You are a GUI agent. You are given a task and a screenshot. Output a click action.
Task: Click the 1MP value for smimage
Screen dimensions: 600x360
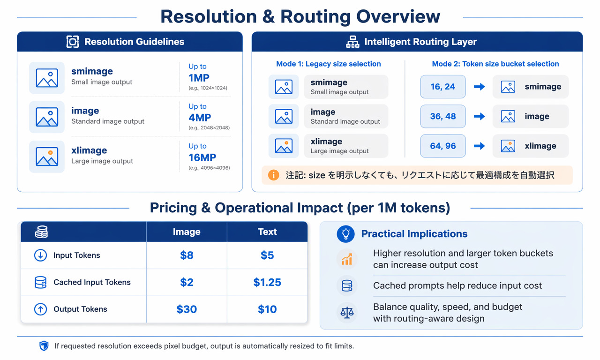pos(199,78)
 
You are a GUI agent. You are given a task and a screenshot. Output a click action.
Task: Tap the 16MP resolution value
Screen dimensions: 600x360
pos(202,157)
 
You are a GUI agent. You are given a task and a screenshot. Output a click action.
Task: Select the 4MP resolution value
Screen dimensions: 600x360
pos(200,118)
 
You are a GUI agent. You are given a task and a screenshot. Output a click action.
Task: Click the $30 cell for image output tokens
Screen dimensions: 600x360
pos(187,309)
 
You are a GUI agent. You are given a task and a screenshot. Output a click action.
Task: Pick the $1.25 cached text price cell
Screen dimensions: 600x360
pos(267,282)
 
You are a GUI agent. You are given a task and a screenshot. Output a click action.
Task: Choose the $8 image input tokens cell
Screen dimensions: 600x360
pos(187,255)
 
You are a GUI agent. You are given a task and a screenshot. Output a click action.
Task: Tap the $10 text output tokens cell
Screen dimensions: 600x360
pos(267,309)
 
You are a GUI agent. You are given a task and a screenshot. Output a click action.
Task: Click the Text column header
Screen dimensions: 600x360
pos(267,232)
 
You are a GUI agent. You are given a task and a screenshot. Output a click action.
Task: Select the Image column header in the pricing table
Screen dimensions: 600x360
pos(187,232)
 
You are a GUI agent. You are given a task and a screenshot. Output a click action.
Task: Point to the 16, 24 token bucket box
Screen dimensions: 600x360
pos(443,87)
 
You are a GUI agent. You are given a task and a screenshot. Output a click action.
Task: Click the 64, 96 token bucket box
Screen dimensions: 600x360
pos(443,146)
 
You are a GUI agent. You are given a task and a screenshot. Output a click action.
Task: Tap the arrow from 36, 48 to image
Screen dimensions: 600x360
pos(479,116)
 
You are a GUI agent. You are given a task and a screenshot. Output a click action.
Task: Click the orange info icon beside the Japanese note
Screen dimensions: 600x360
pos(273,175)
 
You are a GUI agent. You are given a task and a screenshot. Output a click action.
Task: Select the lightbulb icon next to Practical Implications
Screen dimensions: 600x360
pos(345,234)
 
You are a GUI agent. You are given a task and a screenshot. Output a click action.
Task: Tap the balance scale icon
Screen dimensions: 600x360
pos(347,312)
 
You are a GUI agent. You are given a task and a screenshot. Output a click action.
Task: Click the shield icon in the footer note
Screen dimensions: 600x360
pos(44,346)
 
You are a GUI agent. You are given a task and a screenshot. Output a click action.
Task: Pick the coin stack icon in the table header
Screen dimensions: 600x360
pos(42,232)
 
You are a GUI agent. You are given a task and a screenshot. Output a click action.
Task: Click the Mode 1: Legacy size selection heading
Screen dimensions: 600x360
pos(329,64)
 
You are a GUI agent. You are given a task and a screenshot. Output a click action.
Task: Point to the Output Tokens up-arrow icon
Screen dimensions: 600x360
pos(40,309)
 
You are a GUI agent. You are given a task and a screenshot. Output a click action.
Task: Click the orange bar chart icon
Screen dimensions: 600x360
pos(347,259)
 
